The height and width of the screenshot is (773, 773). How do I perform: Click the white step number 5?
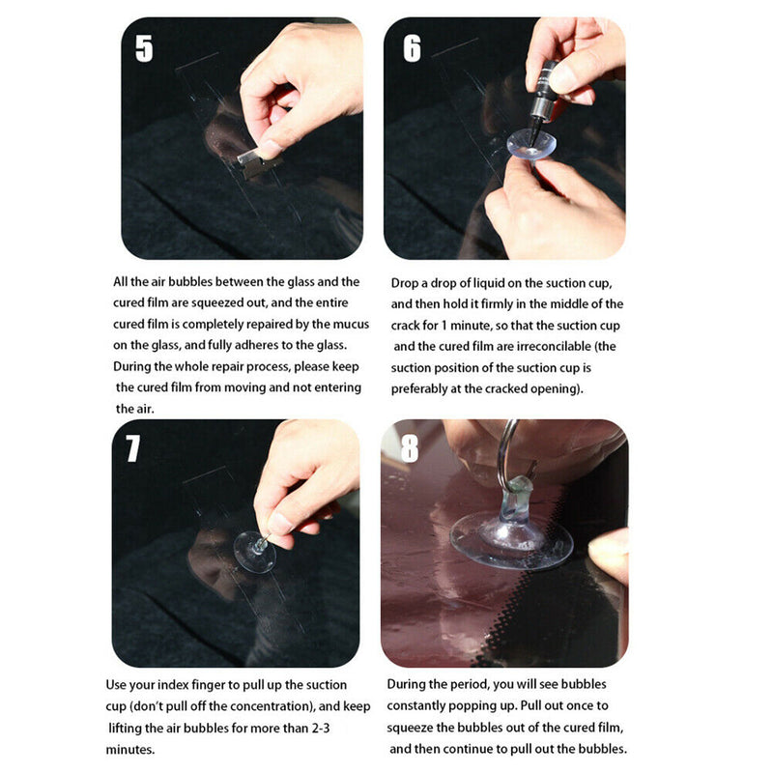pos(144,48)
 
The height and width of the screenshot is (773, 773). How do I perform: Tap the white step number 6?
pos(413,48)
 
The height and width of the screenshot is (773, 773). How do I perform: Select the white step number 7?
pos(132,448)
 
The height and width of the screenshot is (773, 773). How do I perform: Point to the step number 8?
pos(410,448)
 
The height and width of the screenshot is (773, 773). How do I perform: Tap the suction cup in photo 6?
pos(532,144)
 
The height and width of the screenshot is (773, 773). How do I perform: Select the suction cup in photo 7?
pos(254,552)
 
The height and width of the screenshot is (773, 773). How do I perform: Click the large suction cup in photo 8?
pos(511,537)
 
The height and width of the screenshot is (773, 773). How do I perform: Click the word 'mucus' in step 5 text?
pos(352,325)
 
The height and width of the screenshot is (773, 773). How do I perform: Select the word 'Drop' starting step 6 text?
pos(403,284)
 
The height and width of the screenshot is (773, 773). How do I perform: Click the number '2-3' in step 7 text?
pos(320,729)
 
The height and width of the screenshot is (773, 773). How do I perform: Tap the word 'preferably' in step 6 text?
pos(417,389)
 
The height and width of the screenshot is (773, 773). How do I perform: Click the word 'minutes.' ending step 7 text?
pos(130,750)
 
